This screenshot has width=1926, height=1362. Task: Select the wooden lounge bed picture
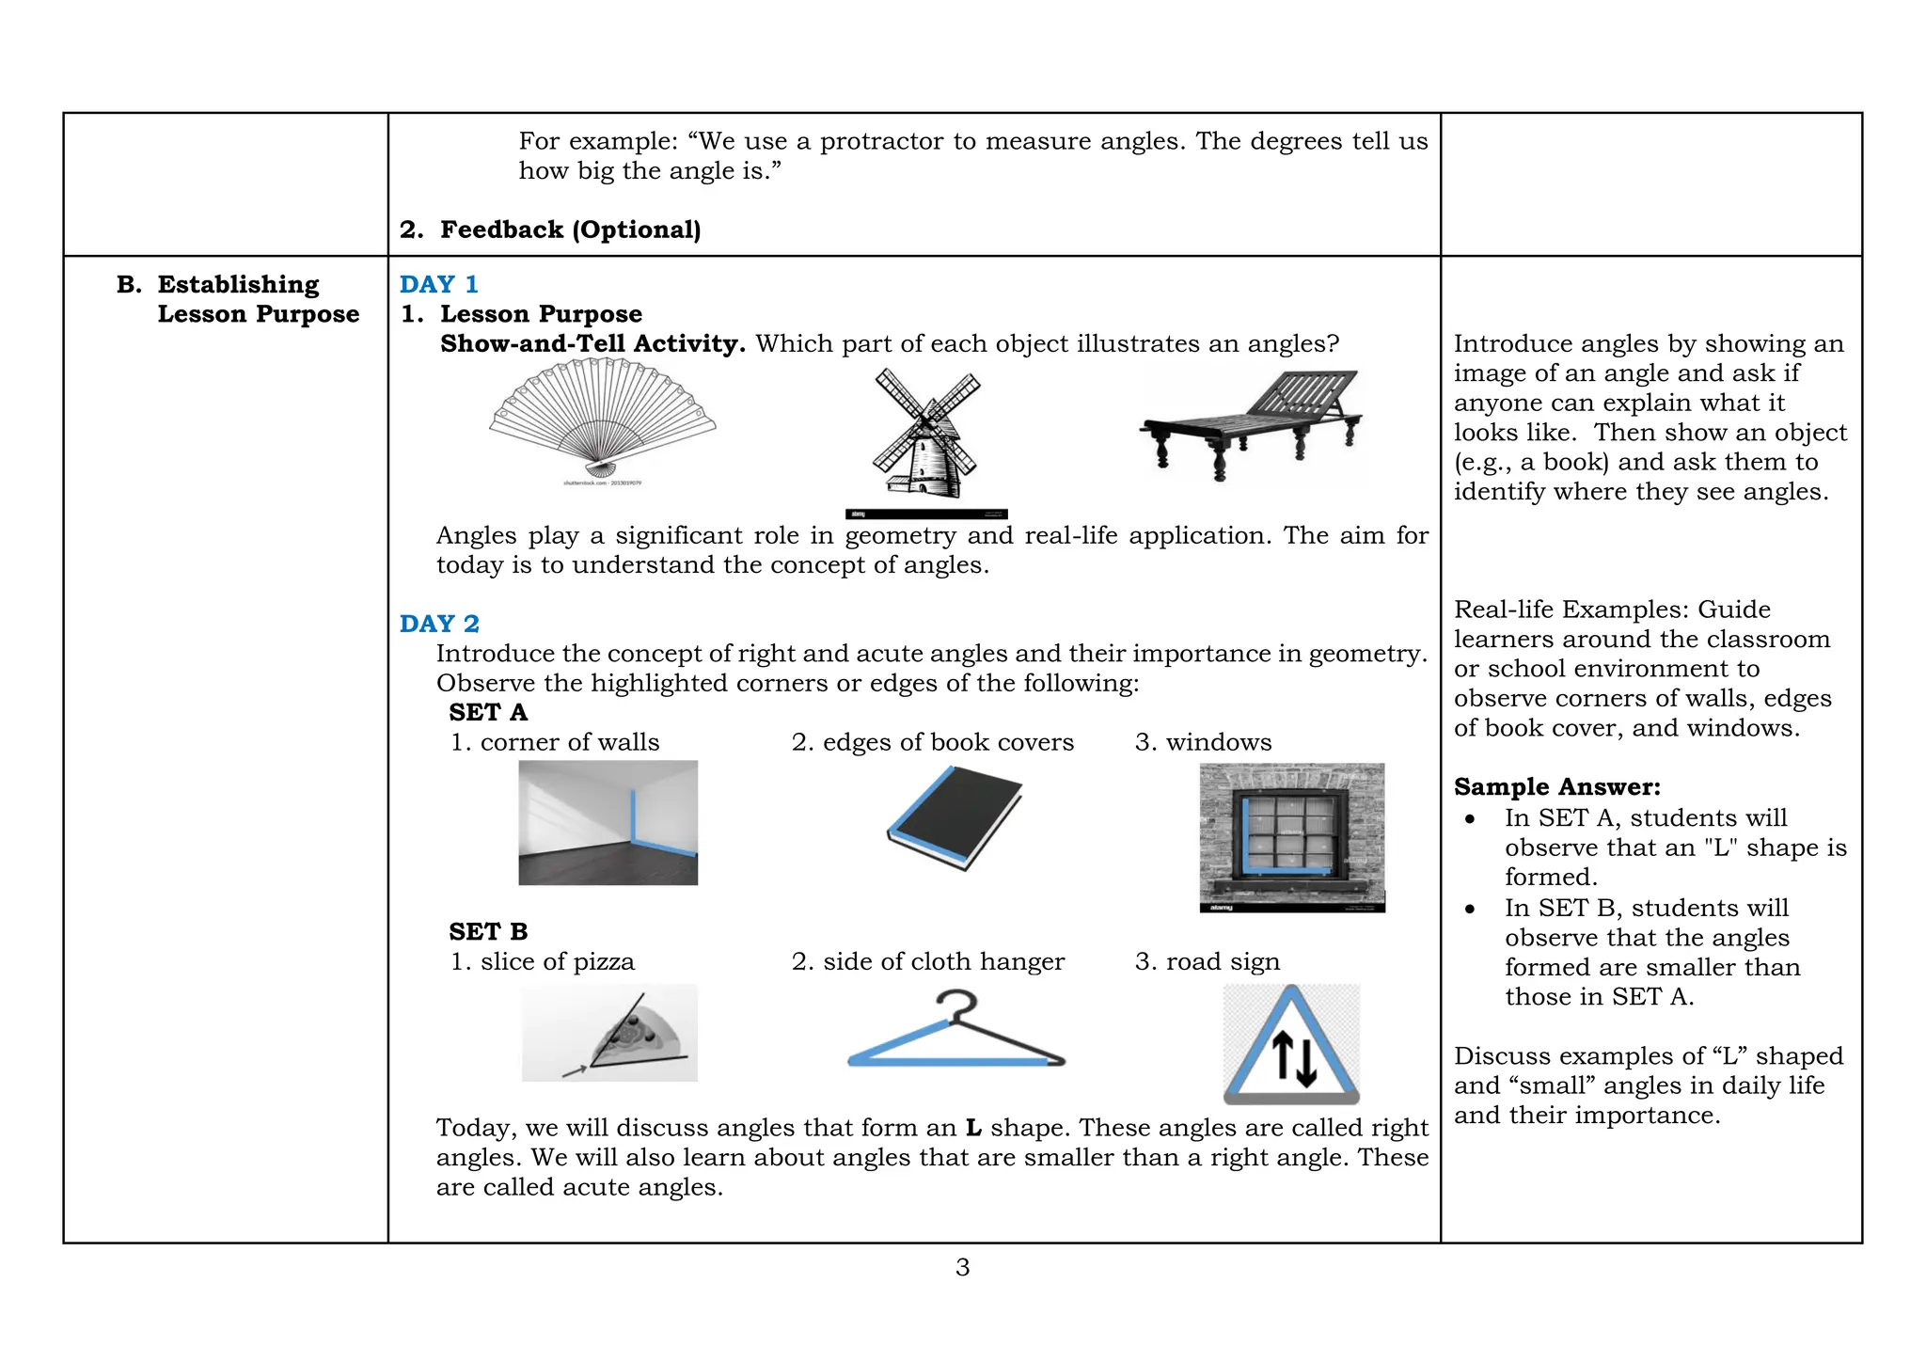coord(1252,423)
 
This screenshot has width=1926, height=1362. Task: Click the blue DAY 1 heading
coord(438,284)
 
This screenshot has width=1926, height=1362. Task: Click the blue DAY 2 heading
coord(438,624)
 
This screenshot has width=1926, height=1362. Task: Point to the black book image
coord(955,817)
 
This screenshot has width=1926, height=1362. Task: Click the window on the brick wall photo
coord(1291,835)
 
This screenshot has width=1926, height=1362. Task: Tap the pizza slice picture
coord(609,1033)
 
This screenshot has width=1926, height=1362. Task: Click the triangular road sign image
coord(1291,1044)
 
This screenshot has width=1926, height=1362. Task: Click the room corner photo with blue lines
coord(608,822)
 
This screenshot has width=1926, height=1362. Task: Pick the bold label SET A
coord(488,712)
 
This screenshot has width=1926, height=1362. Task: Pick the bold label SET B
coord(488,931)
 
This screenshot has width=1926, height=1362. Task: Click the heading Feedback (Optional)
coord(570,230)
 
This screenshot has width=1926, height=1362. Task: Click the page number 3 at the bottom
coord(962,1267)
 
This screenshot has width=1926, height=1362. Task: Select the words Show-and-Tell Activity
coord(592,343)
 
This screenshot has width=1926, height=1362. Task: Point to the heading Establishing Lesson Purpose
coord(238,298)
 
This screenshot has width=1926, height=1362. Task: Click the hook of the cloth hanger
coord(957,1005)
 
